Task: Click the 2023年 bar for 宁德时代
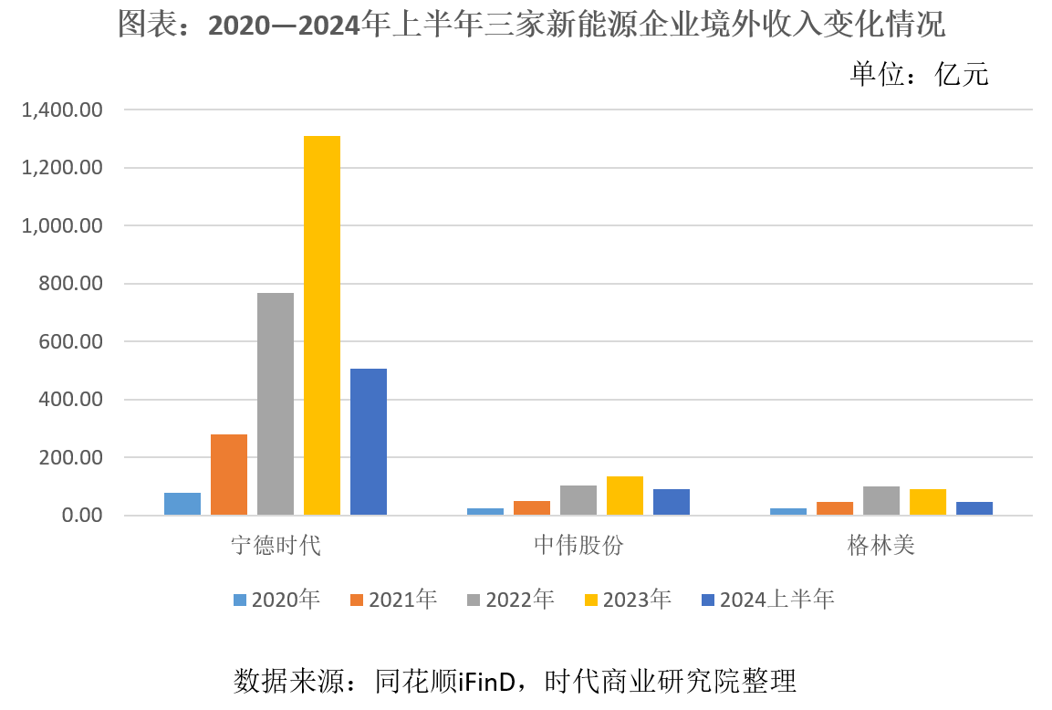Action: point(322,326)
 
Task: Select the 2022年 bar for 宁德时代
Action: point(276,404)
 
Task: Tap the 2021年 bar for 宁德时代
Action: point(229,475)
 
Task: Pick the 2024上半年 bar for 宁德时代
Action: point(369,442)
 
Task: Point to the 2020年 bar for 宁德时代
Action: point(182,504)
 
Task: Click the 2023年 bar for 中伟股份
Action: point(625,496)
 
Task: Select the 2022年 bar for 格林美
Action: point(881,501)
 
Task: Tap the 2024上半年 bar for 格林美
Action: point(974,508)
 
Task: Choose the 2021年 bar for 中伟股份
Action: point(532,507)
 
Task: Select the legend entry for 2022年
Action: point(510,600)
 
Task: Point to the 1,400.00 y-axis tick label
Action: point(62,110)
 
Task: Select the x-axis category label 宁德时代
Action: point(276,547)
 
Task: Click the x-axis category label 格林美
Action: point(881,547)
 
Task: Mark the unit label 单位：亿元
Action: point(919,74)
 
